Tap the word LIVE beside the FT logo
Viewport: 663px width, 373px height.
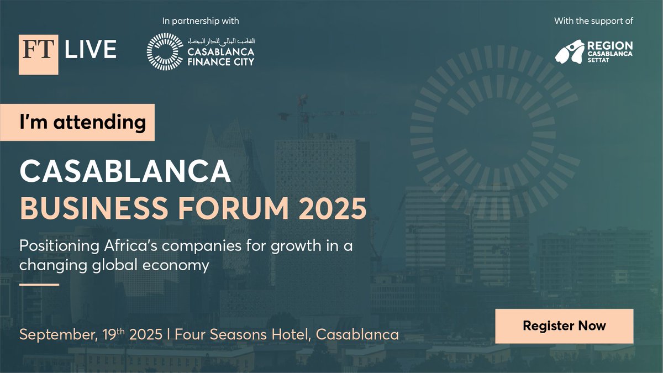(x=91, y=50)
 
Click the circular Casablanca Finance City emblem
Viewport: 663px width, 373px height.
(x=165, y=51)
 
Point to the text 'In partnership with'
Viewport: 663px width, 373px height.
(x=201, y=22)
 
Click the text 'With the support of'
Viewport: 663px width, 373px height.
(x=593, y=22)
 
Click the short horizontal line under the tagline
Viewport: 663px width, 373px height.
(x=39, y=285)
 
